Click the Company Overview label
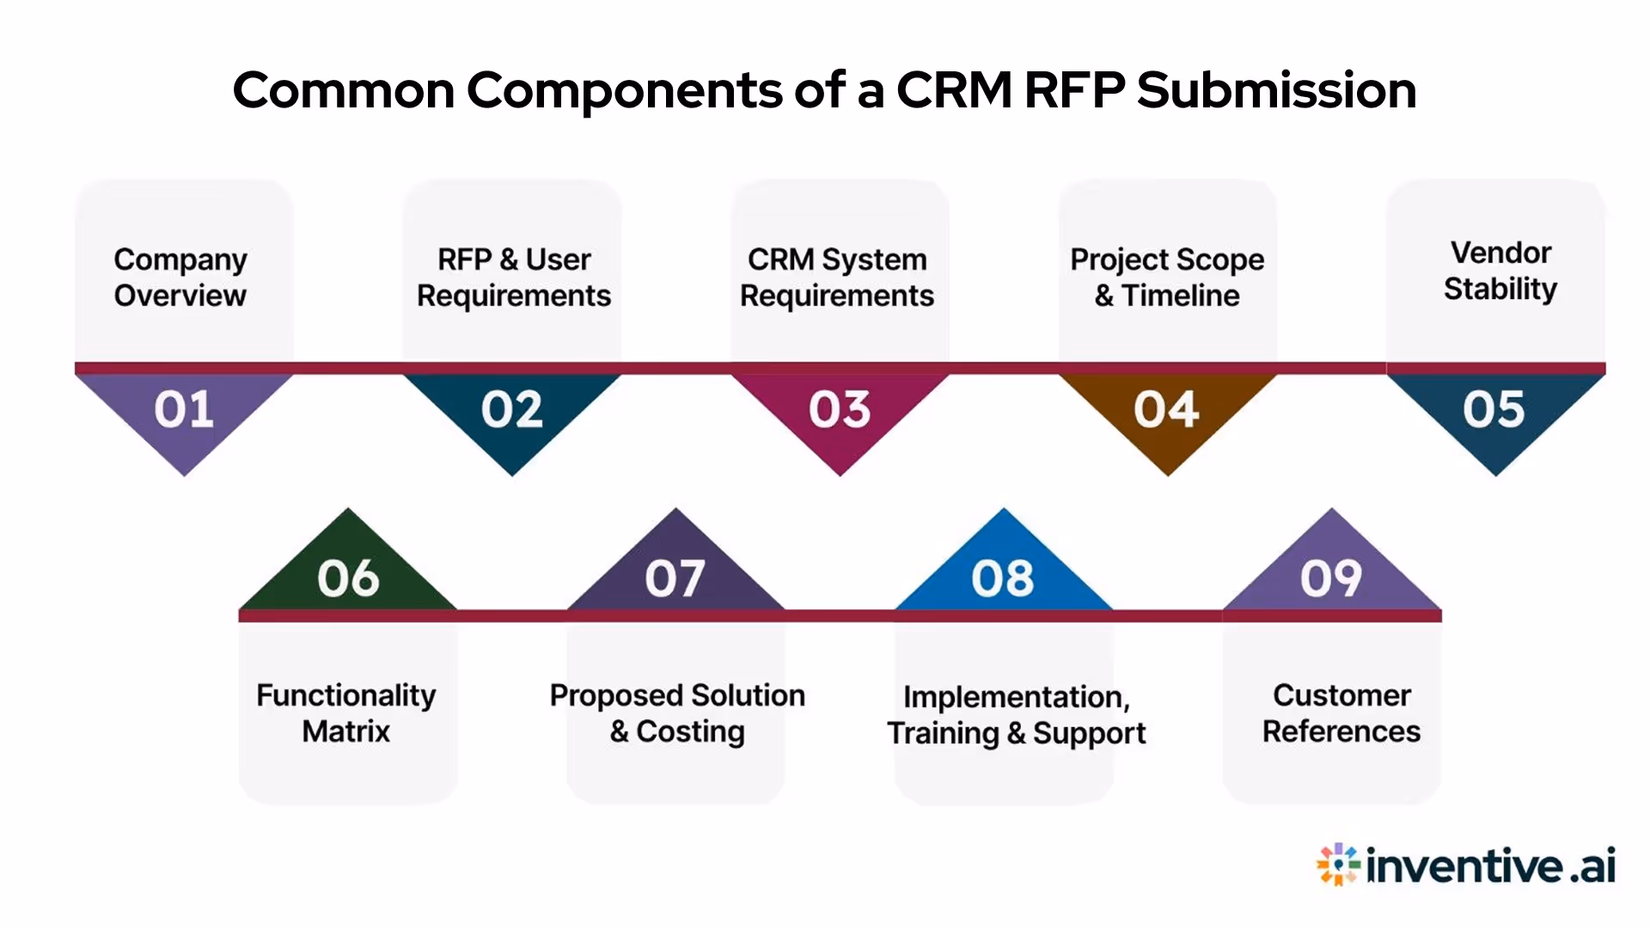pyautogui.click(x=180, y=277)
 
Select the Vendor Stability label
pyautogui.click(x=1500, y=271)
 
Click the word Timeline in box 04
pyautogui.click(x=1181, y=296)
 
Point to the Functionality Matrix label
pyautogui.click(x=346, y=712)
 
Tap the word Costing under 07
pyautogui.click(x=690, y=731)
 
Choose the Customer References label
pyautogui.click(x=1341, y=712)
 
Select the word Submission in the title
pyautogui.click(x=1276, y=89)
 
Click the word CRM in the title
pyautogui.click(x=954, y=89)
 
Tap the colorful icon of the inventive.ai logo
pyautogui.click(x=1338, y=864)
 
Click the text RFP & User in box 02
pyautogui.click(x=514, y=259)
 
